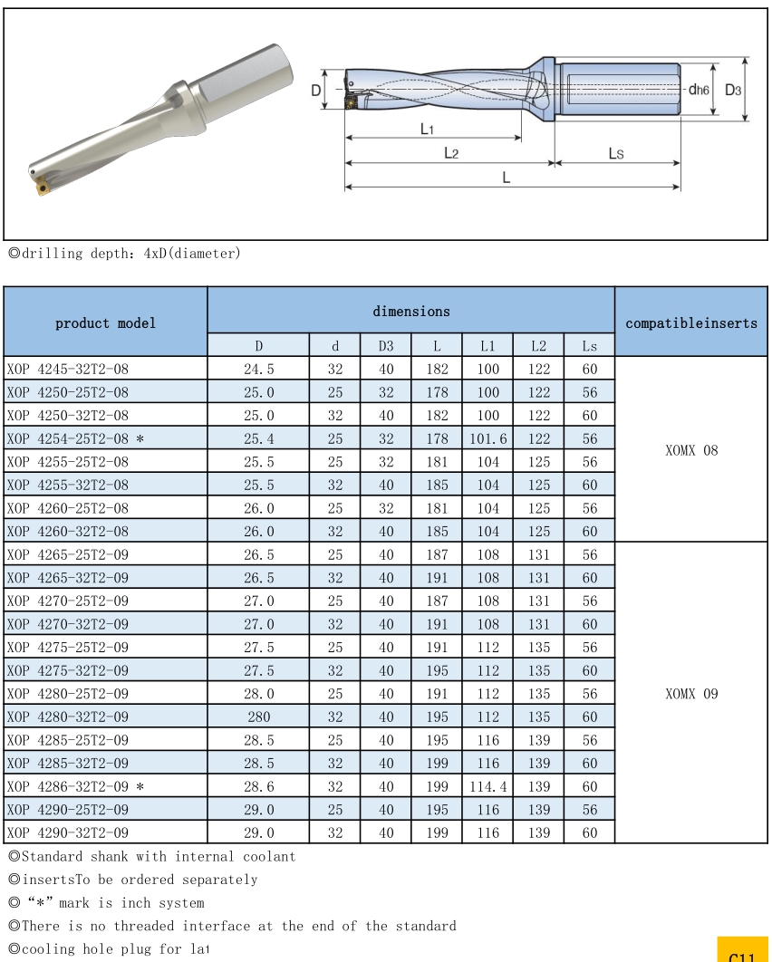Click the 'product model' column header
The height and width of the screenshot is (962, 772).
(105, 322)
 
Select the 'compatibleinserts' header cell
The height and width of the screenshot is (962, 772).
(692, 322)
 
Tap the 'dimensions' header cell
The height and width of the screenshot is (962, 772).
(410, 311)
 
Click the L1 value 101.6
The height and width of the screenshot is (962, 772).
(487, 438)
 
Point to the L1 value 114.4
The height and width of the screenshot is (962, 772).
(487, 786)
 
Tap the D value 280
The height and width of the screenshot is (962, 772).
(258, 717)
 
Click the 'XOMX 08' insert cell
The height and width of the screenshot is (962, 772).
(692, 449)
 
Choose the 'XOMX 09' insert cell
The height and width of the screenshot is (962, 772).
(692, 693)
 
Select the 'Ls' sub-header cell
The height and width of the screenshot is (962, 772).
(589, 345)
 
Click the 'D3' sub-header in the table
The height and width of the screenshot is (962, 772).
(386, 345)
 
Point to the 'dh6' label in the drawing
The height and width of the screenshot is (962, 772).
(699, 90)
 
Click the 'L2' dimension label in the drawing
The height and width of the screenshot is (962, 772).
(450, 153)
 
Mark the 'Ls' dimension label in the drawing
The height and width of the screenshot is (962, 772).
(616, 153)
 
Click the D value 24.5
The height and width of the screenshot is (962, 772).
(258, 369)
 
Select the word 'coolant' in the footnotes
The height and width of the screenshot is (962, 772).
(268, 856)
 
